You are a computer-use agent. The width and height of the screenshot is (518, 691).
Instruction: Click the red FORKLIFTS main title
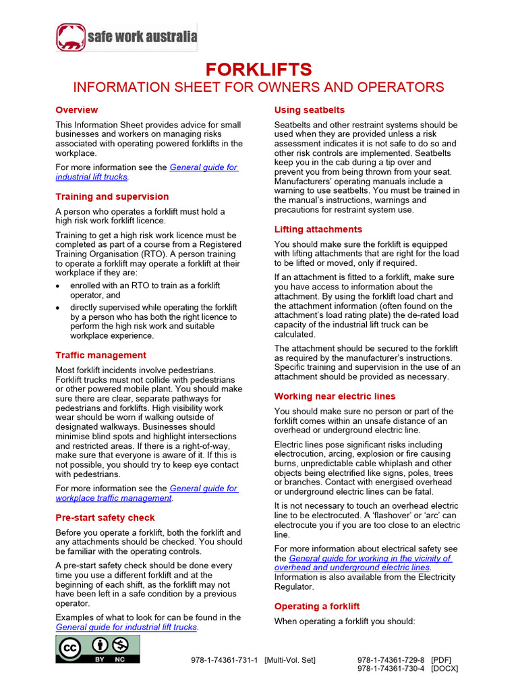pyautogui.click(x=259, y=70)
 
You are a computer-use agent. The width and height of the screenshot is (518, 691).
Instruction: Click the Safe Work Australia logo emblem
pyautogui.click(x=71, y=37)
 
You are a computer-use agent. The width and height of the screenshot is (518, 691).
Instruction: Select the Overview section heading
pyautogui.click(x=76, y=110)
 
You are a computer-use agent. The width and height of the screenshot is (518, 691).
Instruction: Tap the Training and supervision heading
pyautogui.click(x=112, y=196)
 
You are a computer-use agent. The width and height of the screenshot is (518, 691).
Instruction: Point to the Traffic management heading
pyautogui.click(x=100, y=355)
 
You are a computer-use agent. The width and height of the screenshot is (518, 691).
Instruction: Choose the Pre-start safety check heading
pyautogui.click(x=105, y=518)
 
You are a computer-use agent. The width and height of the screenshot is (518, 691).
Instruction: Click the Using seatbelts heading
pyautogui.click(x=309, y=110)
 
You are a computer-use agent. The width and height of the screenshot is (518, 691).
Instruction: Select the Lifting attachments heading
pyautogui.click(x=318, y=229)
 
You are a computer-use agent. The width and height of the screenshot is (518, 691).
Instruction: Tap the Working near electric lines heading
pyautogui.click(x=335, y=396)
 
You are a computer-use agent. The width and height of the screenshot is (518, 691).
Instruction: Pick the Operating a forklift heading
pyautogui.click(x=317, y=606)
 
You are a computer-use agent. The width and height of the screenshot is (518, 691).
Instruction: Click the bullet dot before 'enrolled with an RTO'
pyautogui.click(x=59, y=286)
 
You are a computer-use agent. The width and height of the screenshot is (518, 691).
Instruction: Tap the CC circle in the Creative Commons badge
pyautogui.click(x=71, y=648)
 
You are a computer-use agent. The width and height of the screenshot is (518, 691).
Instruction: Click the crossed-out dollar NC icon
pyautogui.click(x=119, y=646)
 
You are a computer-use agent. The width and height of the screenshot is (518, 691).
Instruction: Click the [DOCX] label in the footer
pyautogui.click(x=444, y=669)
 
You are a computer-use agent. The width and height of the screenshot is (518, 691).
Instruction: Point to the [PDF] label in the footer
pyautogui.click(x=441, y=660)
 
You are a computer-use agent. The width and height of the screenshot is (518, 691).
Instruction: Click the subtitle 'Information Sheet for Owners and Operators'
pyautogui.click(x=259, y=87)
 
